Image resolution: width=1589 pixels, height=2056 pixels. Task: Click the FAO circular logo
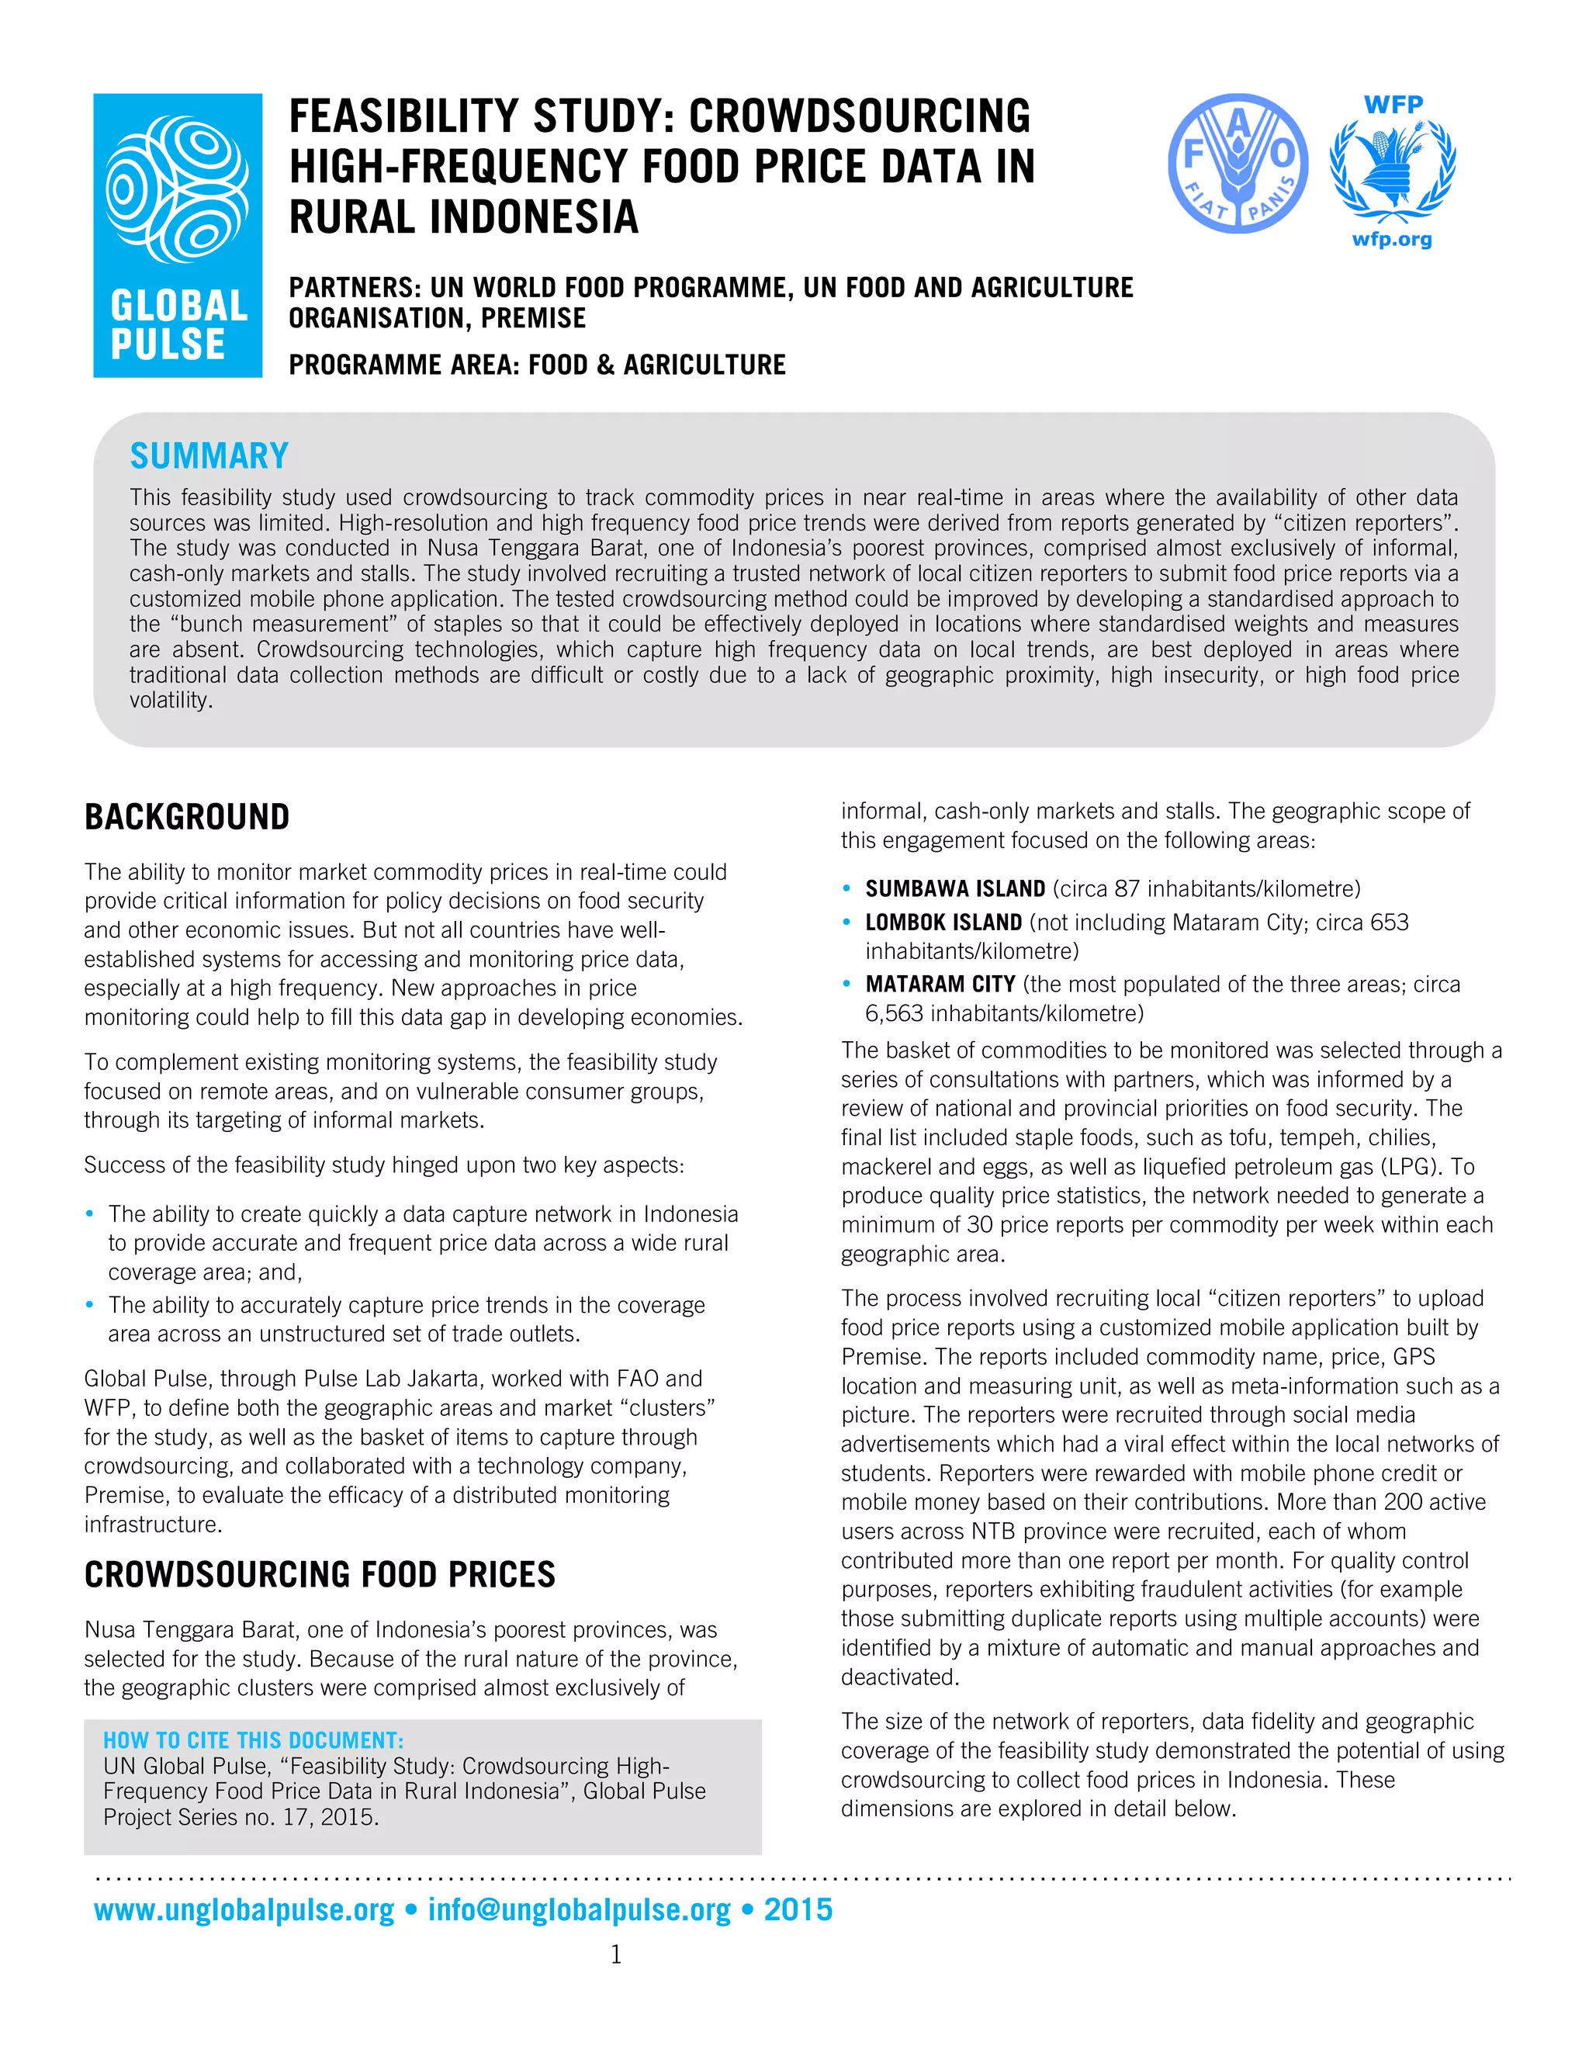coord(1237,163)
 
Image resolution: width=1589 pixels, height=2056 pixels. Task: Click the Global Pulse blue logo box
coord(178,235)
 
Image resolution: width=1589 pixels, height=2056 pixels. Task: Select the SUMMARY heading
coord(209,455)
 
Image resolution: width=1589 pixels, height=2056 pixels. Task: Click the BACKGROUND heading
coord(186,816)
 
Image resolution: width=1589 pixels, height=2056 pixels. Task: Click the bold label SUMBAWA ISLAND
coord(954,888)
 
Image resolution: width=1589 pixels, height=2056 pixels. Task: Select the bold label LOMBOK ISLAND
coord(943,922)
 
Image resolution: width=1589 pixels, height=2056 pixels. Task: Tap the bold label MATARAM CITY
coord(940,984)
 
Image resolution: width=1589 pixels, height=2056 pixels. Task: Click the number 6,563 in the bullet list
coord(895,1013)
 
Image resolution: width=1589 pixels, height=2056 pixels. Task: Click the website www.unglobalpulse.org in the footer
coord(244,1909)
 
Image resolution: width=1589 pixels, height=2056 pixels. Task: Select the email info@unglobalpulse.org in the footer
coord(579,1909)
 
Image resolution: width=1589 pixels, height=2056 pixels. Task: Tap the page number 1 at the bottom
coord(617,1955)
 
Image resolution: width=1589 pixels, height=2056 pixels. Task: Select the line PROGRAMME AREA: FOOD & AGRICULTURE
coord(537,365)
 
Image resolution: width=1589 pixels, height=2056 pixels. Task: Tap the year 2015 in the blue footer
coord(798,1909)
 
